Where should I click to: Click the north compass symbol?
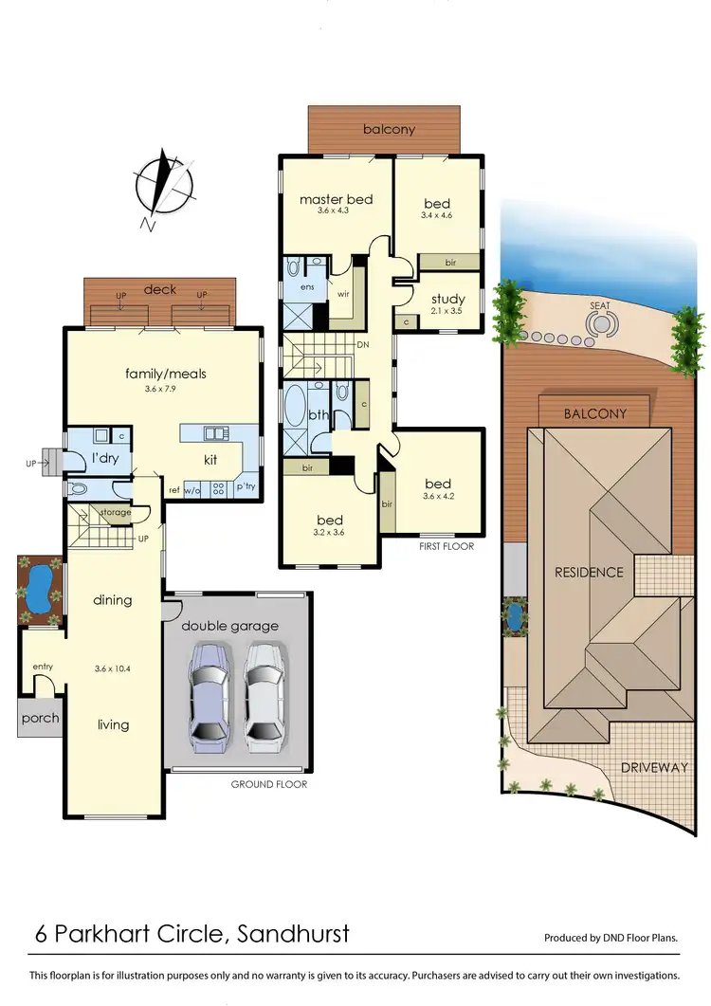pyautogui.click(x=166, y=185)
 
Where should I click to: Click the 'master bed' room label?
pyautogui.click(x=336, y=199)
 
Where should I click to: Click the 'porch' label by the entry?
pyautogui.click(x=40, y=718)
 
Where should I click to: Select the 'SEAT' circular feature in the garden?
pyautogui.click(x=600, y=323)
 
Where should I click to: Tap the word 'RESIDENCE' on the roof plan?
pyautogui.click(x=589, y=572)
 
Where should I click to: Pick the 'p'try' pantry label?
pyautogui.click(x=245, y=486)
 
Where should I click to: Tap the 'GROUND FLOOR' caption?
pyautogui.click(x=269, y=784)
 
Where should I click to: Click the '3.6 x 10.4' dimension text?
pyautogui.click(x=113, y=668)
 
